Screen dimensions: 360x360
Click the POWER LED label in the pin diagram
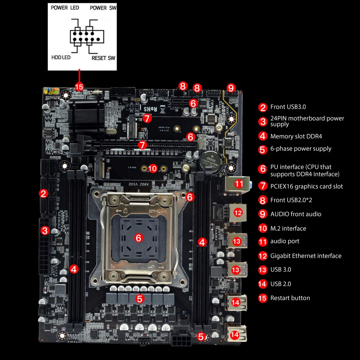(65, 8)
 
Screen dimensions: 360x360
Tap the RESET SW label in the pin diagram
(103, 58)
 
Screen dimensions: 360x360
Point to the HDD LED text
(61, 57)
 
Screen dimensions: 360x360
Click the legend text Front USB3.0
(288, 107)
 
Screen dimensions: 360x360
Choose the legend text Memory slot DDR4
(296, 136)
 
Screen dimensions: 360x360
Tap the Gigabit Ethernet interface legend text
(306, 256)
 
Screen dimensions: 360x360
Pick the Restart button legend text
(290, 298)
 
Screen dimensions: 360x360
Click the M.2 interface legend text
(288, 229)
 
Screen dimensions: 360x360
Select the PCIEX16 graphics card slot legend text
(306, 186)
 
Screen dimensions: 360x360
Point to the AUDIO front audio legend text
(296, 214)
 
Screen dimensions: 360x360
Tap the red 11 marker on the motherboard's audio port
(239, 184)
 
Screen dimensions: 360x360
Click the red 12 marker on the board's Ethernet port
(238, 212)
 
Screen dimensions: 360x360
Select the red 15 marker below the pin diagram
(79, 87)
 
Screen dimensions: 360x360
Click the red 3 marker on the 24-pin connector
(45, 230)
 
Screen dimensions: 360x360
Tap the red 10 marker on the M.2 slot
(153, 168)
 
